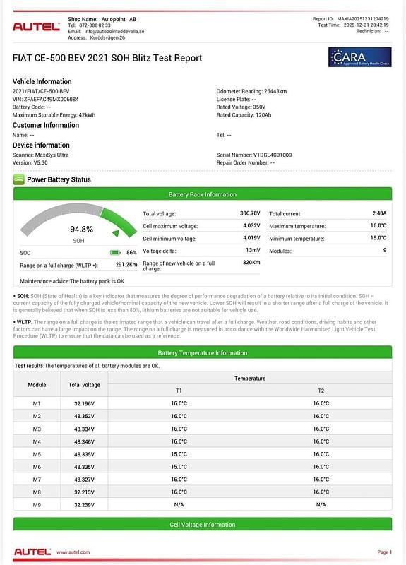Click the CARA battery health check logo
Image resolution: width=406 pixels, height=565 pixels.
pos(359,57)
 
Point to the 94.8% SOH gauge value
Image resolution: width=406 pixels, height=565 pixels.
pos(81,230)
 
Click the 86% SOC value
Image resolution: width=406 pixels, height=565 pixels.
pos(131,252)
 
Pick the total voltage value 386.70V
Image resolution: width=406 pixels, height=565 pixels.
pos(250,213)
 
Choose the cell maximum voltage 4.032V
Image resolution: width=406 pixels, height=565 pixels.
pos(251,226)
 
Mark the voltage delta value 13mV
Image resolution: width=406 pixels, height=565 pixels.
pos(253,251)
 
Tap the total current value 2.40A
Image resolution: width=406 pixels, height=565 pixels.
pos(379,213)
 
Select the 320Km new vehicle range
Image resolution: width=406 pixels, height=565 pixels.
pos(251,263)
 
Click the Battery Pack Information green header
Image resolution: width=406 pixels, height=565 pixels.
pos(203,194)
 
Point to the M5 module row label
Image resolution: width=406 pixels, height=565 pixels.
pos(37,454)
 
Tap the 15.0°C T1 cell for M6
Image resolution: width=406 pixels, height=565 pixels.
pos(179,467)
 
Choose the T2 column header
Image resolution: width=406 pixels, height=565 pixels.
pos(321,391)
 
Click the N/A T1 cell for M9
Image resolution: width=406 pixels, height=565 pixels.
pos(179,505)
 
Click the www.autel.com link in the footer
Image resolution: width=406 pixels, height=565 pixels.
pos(73,552)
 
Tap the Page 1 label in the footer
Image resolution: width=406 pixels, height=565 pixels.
pos(385,552)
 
